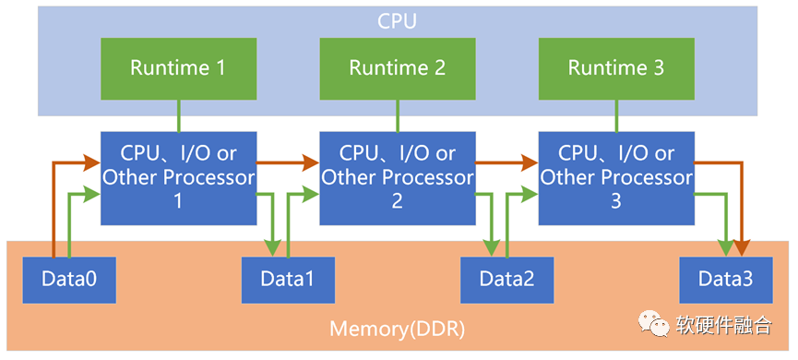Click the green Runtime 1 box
click(x=178, y=67)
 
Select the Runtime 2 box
click(x=398, y=67)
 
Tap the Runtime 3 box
click(x=616, y=67)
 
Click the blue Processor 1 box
click(x=178, y=177)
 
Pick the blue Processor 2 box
click(x=398, y=177)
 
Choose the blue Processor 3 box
click(x=616, y=177)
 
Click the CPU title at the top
click(x=398, y=20)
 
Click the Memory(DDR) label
click(x=398, y=329)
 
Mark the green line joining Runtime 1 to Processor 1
click(x=178, y=114)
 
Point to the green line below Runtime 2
click(x=398, y=114)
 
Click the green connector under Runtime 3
click(x=616, y=114)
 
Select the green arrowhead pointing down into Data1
click(x=273, y=248)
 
